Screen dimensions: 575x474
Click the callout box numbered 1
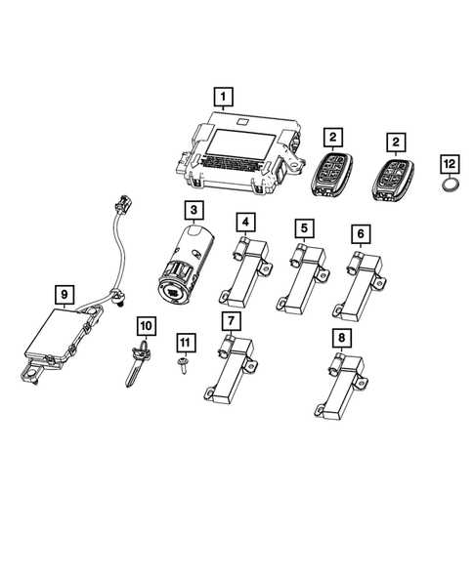click(225, 96)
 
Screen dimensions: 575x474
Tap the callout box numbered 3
click(194, 211)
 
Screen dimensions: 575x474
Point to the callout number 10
click(146, 323)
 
